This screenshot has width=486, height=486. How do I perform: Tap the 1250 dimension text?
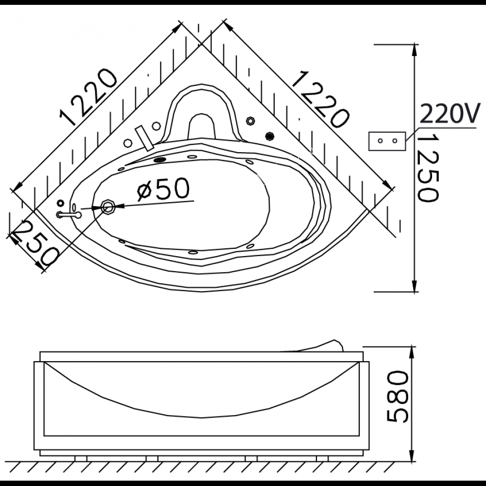[427, 168]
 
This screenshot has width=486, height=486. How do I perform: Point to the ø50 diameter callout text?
[163, 188]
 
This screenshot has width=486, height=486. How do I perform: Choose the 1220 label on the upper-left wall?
[89, 98]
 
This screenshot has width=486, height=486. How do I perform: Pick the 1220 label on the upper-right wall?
[320, 99]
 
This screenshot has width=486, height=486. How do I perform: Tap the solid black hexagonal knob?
[270, 136]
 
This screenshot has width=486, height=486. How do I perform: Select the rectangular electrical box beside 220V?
[387, 141]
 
